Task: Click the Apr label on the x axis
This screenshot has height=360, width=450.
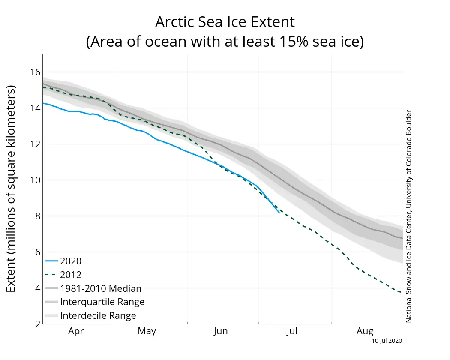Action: click(76, 331)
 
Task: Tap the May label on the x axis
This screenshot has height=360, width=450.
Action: click(147, 331)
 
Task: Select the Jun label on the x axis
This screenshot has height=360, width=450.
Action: click(220, 331)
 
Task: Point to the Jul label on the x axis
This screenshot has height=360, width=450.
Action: click(292, 331)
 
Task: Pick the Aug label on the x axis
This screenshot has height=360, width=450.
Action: click(365, 331)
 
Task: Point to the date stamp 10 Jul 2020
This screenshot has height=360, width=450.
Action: click(387, 341)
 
